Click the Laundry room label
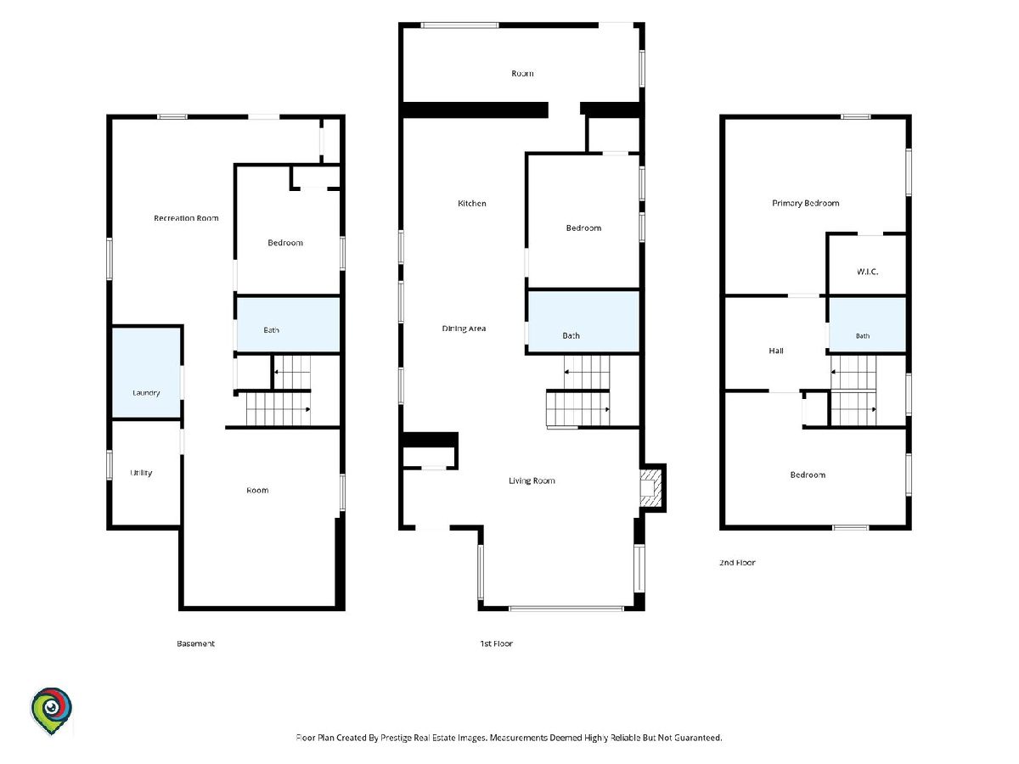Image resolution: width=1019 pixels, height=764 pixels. tap(146, 393)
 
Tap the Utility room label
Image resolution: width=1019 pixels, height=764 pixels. tap(141, 473)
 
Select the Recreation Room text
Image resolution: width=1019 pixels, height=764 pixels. tap(186, 218)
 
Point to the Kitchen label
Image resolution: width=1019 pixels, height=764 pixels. tap(471, 203)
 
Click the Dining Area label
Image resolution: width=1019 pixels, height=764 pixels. tap(464, 329)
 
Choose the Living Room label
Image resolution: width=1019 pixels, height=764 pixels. tap(532, 480)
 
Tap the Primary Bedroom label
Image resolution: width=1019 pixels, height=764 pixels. tap(806, 203)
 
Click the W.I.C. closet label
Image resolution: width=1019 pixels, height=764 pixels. tap(867, 272)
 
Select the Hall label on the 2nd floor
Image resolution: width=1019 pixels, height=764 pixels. tap(776, 351)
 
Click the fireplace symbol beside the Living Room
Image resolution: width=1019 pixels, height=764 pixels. tap(650, 488)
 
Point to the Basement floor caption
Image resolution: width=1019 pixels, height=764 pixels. tap(195, 643)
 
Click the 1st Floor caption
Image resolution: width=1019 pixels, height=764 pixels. tap(496, 643)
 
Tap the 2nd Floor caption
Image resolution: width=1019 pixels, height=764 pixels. tap(737, 563)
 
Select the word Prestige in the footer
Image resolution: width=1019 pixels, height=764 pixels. tap(395, 738)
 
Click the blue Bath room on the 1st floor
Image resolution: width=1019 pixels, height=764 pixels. tap(583, 321)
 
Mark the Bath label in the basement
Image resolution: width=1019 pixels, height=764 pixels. tap(271, 330)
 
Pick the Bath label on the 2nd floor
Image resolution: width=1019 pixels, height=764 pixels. tap(863, 336)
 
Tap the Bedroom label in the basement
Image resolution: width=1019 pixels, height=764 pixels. tap(285, 243)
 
